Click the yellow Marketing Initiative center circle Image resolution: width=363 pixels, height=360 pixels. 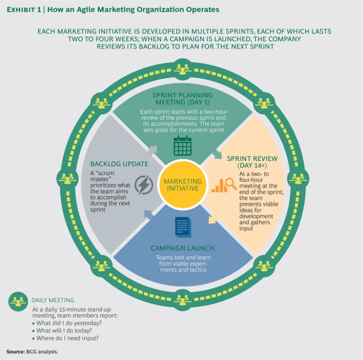[182, 185]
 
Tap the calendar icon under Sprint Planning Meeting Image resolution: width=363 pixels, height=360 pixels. [182, 146]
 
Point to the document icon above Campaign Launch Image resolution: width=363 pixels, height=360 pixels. [182, 226]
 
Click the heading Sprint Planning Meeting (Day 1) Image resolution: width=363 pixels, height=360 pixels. [182, 99]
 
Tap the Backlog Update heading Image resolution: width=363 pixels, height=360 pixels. [119, 164]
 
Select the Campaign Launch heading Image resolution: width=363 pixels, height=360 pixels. [182, 248]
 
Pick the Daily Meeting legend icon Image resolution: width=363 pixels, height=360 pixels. [18, 300]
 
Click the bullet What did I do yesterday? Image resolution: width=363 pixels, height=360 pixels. [69, 323]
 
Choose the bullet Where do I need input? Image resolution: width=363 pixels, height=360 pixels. [68, 338]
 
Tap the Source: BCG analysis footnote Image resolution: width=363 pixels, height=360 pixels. [33, 351]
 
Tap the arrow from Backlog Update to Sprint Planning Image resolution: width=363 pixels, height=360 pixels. [152, 150]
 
